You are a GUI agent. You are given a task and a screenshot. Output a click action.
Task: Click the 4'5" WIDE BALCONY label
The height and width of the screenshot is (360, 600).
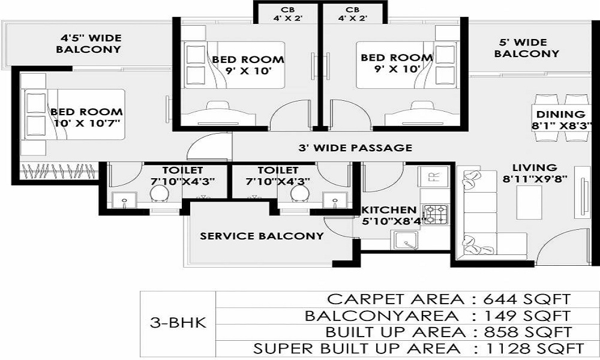[89, 44]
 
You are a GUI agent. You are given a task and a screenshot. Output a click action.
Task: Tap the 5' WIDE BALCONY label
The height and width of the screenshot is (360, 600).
[526, 48]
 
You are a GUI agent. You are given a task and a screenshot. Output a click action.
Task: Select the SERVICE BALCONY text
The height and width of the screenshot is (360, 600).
[262, 236]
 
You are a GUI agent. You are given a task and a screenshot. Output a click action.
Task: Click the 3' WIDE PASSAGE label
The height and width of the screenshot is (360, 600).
[355, 148]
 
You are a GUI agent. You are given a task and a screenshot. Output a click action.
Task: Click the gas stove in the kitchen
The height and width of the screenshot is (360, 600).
[436, 215]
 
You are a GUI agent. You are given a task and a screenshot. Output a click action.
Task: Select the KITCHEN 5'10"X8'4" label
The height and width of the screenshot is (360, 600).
[389, 215]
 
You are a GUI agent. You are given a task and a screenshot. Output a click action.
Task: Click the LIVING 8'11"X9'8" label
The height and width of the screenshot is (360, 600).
[535, 173]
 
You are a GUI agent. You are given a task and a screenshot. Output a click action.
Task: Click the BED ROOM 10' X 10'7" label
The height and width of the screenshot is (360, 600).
[87, 118]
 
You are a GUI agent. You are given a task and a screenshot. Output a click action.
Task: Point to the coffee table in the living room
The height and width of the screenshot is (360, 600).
[529, 202]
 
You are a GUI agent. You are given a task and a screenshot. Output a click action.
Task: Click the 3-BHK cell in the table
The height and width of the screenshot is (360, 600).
[178, 323]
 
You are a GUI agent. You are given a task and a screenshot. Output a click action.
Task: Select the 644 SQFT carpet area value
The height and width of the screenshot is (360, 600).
[527, 299]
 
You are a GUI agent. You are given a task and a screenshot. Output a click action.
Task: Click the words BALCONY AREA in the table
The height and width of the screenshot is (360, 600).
[381, 316]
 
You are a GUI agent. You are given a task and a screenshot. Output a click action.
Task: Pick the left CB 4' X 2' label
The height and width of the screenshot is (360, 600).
[288, 14]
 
